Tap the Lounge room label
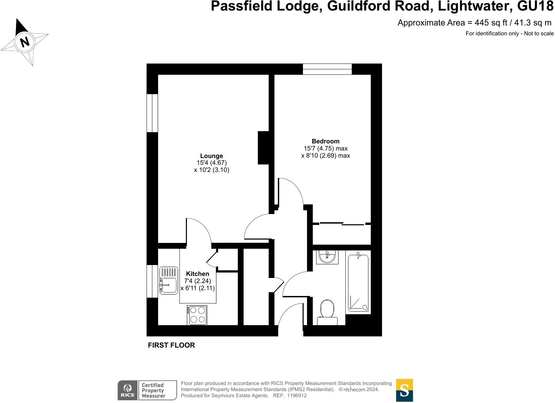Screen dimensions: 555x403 pos(211,156)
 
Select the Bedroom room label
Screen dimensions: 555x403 pos(325,141)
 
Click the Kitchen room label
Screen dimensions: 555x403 pos(197,274)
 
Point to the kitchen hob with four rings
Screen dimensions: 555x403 pos(197,315)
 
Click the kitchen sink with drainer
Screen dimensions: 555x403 pos(169,280)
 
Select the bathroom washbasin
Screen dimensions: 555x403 pos(327,257)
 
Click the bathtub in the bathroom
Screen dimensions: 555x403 pos(358,283)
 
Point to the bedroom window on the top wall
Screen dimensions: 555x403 pos(327,69)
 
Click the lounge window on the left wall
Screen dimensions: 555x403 pos(152,113)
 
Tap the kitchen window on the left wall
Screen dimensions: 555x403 pos(152,281)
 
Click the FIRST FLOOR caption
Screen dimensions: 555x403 pos(171,345)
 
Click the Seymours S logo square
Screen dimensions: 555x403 pos(404,390)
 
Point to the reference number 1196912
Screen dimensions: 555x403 pos(297,396)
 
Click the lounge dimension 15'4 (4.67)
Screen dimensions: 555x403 pos(211,163)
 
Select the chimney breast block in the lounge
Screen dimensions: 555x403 pos(263,148)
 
